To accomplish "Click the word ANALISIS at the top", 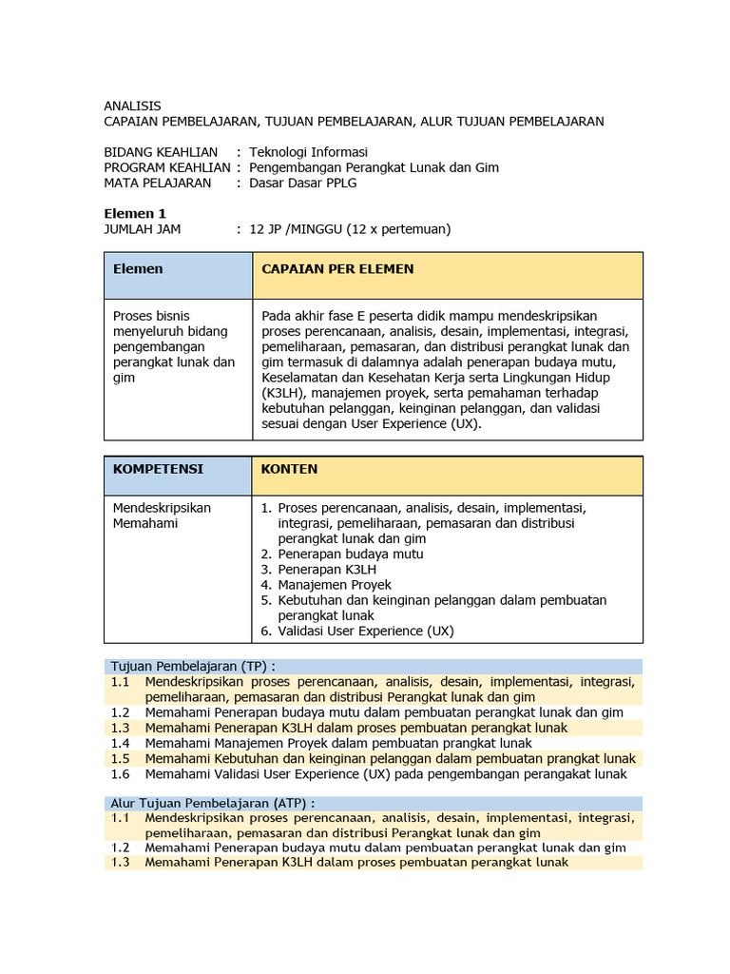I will [x=132, y=106].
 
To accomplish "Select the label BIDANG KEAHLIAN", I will [x=161, y=152].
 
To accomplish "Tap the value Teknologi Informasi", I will [x=308, y=152].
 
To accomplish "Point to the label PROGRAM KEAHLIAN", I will [x=166, y=167].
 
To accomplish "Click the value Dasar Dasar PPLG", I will [x=302, y=183].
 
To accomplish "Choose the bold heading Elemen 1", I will [x=135, y=213].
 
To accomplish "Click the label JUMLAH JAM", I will [x=143, y=228].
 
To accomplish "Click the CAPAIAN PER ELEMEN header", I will [x=337, y=269].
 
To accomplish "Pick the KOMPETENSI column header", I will [x=158, y=469].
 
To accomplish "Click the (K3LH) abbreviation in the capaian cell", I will [x=285, y=393].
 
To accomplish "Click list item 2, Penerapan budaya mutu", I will [x=350, y=554].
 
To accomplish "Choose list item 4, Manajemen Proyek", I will [x=334, y=585].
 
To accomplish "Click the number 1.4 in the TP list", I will [x=119, y=743].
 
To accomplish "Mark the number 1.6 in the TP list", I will [x=119, y=773].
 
